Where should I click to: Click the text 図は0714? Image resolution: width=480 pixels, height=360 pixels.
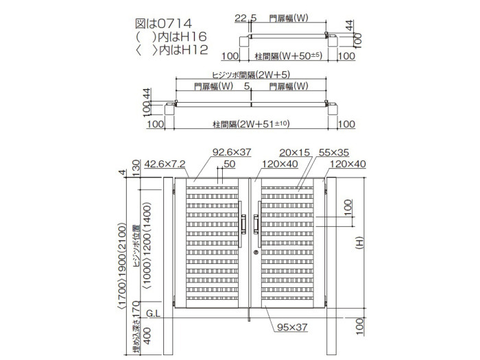(x=163, y=23)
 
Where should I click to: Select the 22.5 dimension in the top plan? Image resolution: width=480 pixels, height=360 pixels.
(x=245, y=18)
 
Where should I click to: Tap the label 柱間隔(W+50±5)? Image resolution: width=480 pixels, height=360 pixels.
(x=289, y=56)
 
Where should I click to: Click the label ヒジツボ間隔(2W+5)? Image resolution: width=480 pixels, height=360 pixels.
(x=251, y=74)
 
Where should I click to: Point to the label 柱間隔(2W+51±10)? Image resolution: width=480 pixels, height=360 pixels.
(x=251, y=124)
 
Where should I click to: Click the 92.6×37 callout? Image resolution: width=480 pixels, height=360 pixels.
(x=232, y=152)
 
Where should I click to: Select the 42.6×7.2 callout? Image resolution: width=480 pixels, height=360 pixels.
(x=165, y=164)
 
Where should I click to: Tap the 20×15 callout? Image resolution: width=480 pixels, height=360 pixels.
(x=294, y=152)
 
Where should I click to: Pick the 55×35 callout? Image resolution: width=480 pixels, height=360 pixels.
(x=334, y=152)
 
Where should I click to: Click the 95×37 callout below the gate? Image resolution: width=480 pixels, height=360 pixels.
(x=292, y=327)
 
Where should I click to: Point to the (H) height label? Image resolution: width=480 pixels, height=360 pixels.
(x=360, y=243)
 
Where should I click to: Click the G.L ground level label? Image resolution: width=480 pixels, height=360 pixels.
(x=153, y=313)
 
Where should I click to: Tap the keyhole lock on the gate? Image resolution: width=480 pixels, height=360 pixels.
(x=256, y=252)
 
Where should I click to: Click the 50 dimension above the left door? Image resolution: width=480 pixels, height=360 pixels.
(x=229, y=164)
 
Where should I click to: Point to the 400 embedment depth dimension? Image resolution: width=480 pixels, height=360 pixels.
(x=147, y=336)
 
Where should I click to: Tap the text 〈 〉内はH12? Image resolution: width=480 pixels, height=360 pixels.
(x=171, y=50)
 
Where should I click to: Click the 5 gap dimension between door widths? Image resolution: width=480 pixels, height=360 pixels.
(x=247, y=86)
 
